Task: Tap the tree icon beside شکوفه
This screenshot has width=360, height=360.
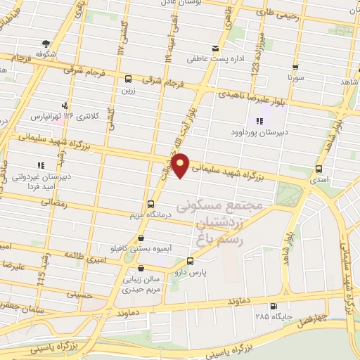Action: click(x=46, y=43)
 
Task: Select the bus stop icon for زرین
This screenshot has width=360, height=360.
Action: click(x=128, y=79)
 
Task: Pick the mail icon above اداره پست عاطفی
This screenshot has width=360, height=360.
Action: click(x=215, y=49)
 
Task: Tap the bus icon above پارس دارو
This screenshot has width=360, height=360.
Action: click(x=189, y=261)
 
